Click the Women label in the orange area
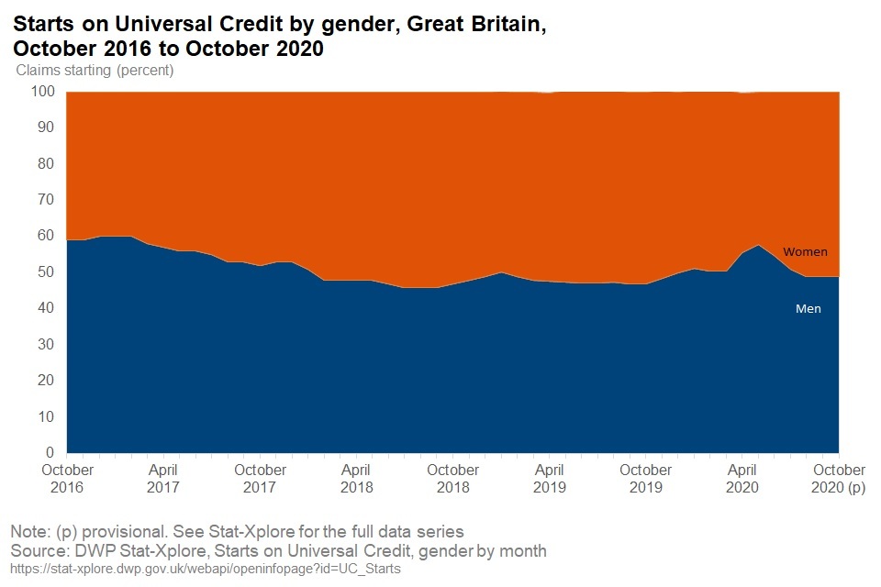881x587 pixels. tap(805, 252)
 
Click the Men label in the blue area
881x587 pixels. tap(808, 309)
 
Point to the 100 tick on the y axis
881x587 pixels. tap(44, 92)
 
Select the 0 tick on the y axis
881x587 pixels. tap(51, 453)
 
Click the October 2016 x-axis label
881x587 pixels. tap(68, 478)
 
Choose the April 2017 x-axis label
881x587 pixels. tap(163, 478)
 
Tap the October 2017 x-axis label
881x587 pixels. tap(260, 478)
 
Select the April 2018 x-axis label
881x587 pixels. tap(356, 478)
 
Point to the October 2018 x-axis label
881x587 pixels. tap(452, 478)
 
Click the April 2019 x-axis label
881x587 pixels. tap(549, 478)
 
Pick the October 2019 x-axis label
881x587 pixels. tap(645, 478)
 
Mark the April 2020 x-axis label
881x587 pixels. tap(742, 478)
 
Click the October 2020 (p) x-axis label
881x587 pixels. tap(838, 478)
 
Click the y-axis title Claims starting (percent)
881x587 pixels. tap(95, 70)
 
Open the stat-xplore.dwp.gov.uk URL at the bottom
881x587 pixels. tap(206, 570)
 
